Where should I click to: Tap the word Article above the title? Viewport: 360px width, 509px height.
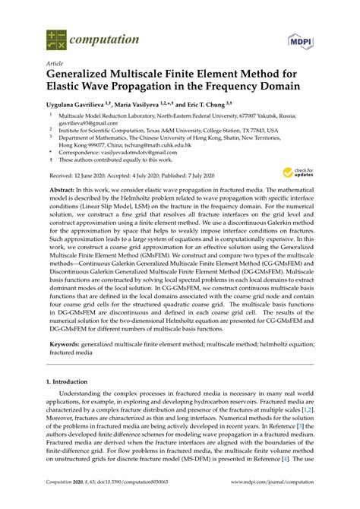56,64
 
